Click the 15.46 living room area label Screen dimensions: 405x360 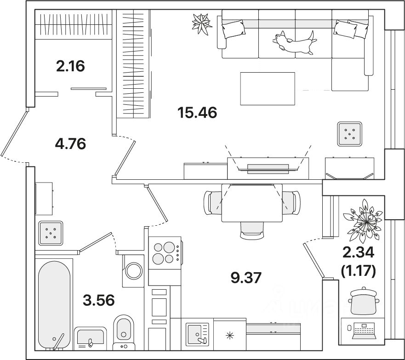tap(197, 113)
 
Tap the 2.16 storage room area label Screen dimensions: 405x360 tap(70, 66)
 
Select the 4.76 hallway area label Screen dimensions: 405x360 tap(70, 143)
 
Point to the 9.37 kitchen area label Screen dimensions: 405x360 tap(246, 278)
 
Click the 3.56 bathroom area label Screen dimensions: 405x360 tap(99, 300)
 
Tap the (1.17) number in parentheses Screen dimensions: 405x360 tap(359, 271)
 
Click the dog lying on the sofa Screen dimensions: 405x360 tap(294, 42)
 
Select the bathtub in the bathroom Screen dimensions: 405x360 tap(54, 305)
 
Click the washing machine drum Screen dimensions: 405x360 tap(133, 271)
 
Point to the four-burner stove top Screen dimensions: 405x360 tap(165, 252)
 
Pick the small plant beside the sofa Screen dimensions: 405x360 tap(202, 24)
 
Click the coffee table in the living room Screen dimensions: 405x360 tap(268, 89)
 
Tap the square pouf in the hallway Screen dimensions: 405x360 tap(51, 233)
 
